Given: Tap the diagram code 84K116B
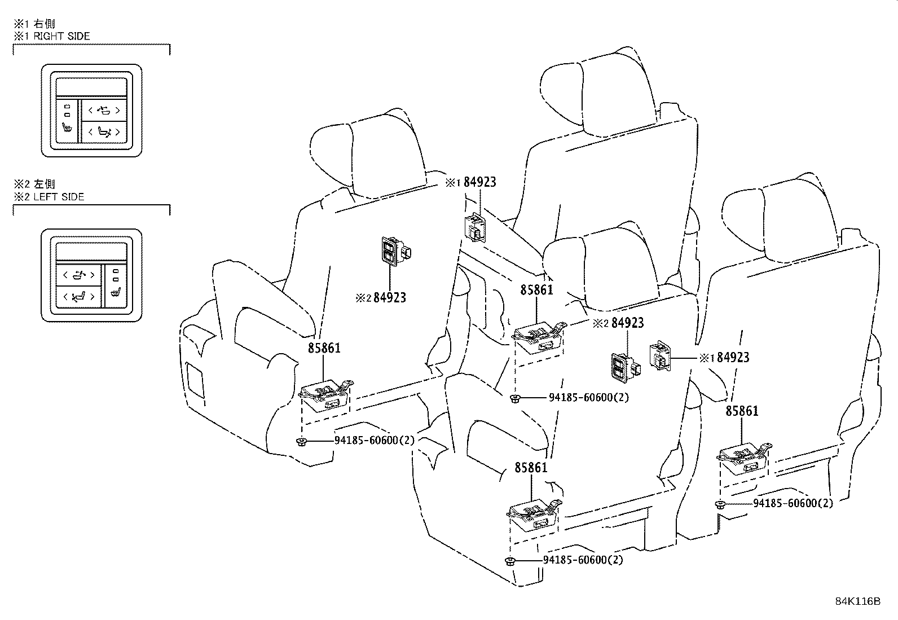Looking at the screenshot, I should (857, 601).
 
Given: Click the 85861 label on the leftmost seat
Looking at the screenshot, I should (324, 348).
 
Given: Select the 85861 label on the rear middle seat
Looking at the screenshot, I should (536, 290).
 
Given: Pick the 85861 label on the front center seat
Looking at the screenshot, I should (531, 468).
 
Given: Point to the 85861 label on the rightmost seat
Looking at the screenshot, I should (742, 411).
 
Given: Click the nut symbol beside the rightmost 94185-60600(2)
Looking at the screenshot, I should (720, 504).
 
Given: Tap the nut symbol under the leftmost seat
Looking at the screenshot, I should (302, 441).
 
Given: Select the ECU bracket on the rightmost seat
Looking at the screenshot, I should (743, 456).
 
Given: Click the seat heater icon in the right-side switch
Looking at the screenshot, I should (68, 127).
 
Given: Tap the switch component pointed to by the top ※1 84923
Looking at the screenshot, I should (475, 228).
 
